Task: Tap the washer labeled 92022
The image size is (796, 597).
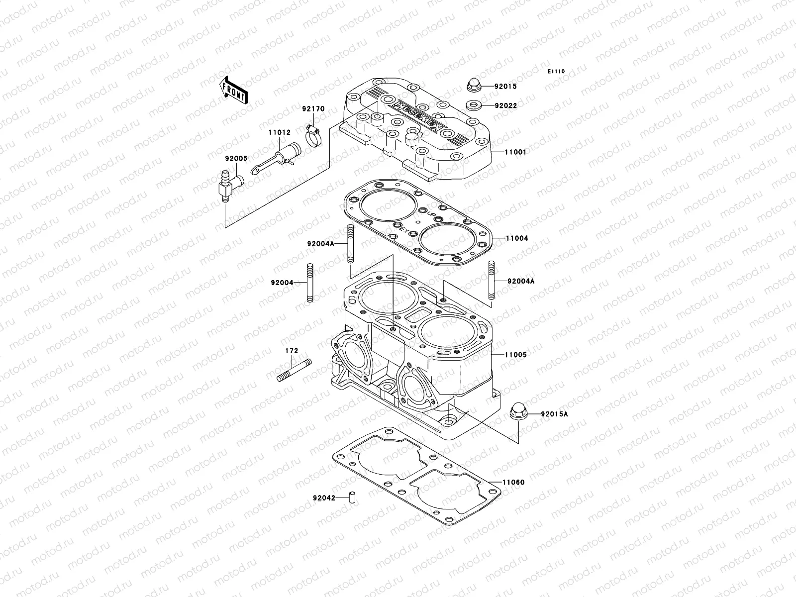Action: (x=473, y=105)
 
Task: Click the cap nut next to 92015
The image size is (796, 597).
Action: (x=473, y=85)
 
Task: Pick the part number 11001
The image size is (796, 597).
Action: (x=515, y=152)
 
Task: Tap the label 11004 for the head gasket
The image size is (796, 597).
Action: (x=517, y=238)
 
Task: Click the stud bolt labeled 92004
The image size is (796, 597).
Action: (x=309, y=282)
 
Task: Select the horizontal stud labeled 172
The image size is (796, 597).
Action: (x=294, y=371)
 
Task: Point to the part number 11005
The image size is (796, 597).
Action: (x=515, y=355)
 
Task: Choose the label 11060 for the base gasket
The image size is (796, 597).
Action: (x=513, y=483)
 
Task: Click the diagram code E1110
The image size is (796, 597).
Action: (x=556, y=72)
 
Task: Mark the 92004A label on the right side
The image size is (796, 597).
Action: (x=521, y=281)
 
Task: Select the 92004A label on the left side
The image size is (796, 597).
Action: (x=320, y=244)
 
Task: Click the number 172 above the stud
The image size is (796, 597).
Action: (x=291, y=351)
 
